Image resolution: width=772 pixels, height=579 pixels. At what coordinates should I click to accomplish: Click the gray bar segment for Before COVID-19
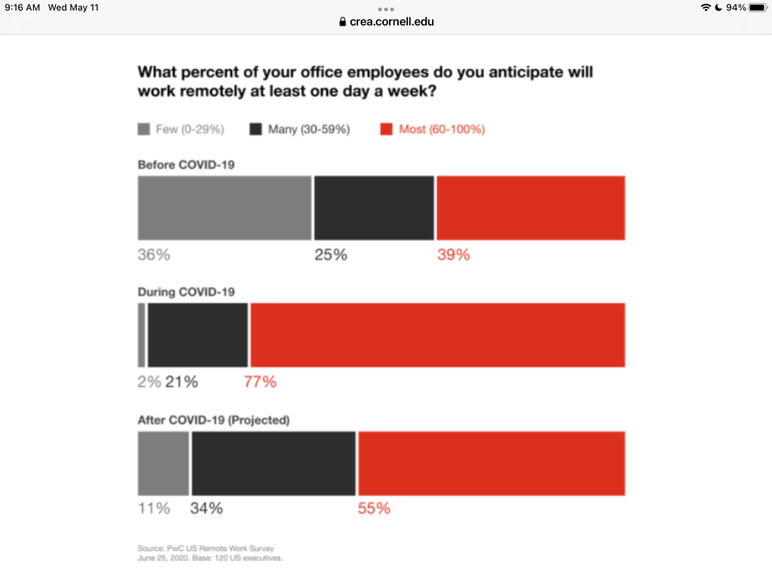(x=224, y=208)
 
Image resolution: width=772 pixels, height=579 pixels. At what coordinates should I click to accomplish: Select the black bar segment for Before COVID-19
(x=374, y=208)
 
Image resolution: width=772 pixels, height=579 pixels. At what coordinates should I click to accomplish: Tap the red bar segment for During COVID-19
(x=437, y=335)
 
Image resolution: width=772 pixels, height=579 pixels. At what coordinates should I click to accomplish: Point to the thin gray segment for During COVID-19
(x=141, y=335)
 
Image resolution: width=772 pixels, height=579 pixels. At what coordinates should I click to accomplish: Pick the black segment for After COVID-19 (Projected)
(x=273, y=464)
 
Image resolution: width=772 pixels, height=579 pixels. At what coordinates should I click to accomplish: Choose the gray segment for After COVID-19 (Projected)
(x=163, y=464)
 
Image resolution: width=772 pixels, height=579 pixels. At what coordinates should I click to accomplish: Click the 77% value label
(x=260, y=382)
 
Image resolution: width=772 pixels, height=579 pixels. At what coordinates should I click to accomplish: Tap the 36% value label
(x=154, y=255)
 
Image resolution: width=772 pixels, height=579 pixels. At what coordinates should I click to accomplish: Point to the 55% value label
(x=374, y=509)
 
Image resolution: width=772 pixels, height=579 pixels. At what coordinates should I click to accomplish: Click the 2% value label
(x=149, y=382)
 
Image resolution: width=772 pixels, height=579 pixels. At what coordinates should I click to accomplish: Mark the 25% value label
(x=331, y=255)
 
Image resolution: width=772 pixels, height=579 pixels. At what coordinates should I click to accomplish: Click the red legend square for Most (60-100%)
(x=386, y=130)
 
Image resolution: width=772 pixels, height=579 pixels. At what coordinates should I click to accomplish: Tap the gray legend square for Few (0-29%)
(x=144, y=130)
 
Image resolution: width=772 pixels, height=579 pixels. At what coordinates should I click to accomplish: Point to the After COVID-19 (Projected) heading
(x=213, y=420)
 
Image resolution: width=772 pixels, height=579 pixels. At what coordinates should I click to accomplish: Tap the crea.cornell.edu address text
(x=392, y=22)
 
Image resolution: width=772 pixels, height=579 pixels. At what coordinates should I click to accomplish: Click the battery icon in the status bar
(x=757, y=8)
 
